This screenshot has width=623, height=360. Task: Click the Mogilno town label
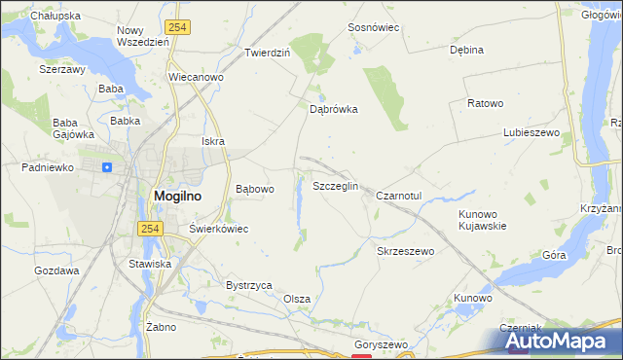(176, 196)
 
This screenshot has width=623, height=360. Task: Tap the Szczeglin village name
(336, 186)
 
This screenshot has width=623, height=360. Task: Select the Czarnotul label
(398, 196)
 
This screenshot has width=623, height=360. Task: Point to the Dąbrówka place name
(334, 110)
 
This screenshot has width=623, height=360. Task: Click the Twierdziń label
(268, 53)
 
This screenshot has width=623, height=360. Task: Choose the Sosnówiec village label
(374, 28)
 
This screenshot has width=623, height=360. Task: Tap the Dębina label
(466, 50)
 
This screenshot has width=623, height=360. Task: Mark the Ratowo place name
(485, 103)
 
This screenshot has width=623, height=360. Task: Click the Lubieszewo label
(529, 132)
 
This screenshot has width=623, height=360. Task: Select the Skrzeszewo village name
(404, 250)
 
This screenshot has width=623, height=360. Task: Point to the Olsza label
(297, 299)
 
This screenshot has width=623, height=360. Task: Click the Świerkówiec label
(219, 229)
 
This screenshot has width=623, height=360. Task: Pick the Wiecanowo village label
(197, 77)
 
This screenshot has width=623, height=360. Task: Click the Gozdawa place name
(56, 270)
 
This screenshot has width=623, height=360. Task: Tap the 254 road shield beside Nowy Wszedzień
(176, 28)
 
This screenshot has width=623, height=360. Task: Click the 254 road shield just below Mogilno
(148, 228)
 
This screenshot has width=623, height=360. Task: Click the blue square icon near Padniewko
(107, 166)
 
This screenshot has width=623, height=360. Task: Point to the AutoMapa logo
(559, 341)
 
